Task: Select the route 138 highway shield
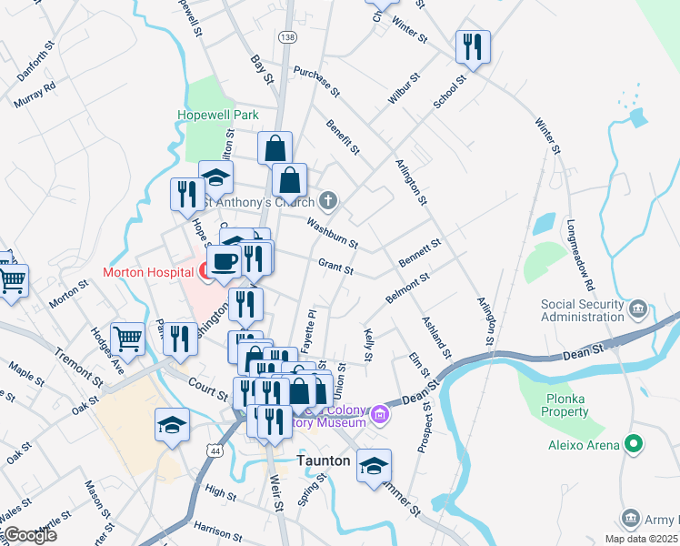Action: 288,36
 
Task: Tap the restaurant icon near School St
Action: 473,47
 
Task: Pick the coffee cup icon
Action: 225,262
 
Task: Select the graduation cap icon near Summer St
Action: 374,466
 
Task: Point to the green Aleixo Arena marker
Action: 635,444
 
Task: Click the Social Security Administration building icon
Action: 638,310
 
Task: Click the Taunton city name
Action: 324,461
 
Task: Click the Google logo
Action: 29,535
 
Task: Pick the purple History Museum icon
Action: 380,418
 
